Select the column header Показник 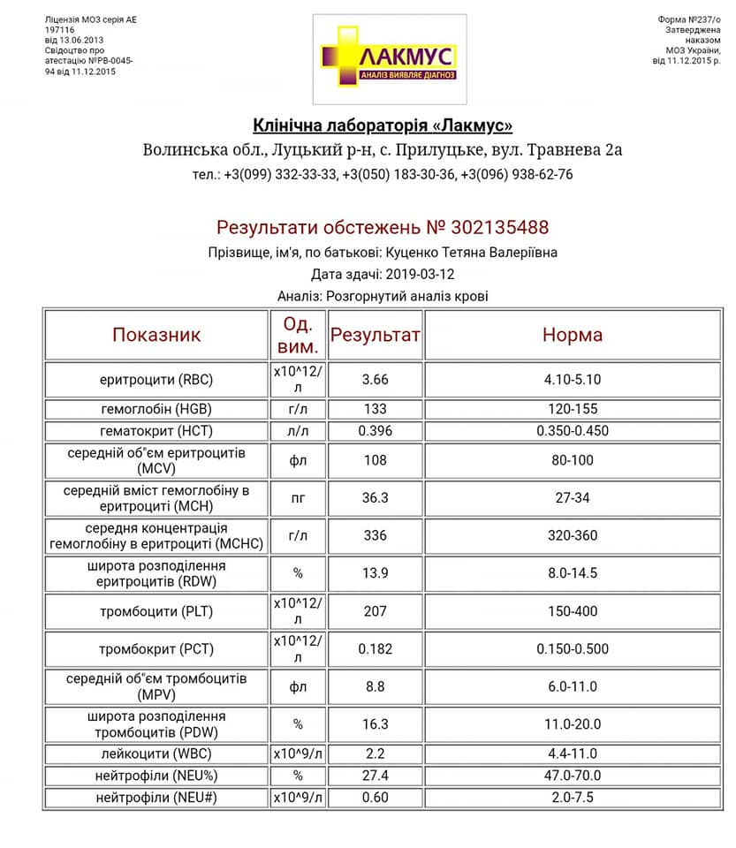point(156,335)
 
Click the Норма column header point(572,335)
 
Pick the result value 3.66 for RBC point(375,380)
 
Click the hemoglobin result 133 point(375,410)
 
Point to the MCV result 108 point(375,460)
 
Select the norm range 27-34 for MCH point(572,498)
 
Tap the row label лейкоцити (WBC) point(156,753)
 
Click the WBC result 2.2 point(375,753)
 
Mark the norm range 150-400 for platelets point(572,610)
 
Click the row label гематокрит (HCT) point(156,432)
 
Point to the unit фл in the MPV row point(298,686)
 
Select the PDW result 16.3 point(375,724)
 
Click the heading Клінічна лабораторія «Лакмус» point(383,125)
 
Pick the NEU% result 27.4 point(375,776)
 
